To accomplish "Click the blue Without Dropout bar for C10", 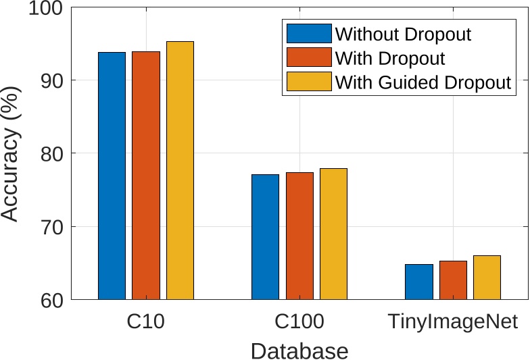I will click(x=112, y=176).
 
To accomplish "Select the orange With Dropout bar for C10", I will click(x=146, y=176).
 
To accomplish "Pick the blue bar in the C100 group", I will click(x=265, y=236).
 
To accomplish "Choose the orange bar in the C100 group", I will click(x=299, y=236).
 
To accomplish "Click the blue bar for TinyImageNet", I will click(x=418, y=282).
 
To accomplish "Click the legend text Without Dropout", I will click(x=403, y=34).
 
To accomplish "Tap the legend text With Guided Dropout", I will click(x=423, y=82).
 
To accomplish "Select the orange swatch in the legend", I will click(x=309, y=58).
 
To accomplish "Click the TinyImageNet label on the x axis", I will click(x=453, y=322).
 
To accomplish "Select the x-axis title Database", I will click(x=299, y=351).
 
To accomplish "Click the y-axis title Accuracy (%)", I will click(x=11, y=162).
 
